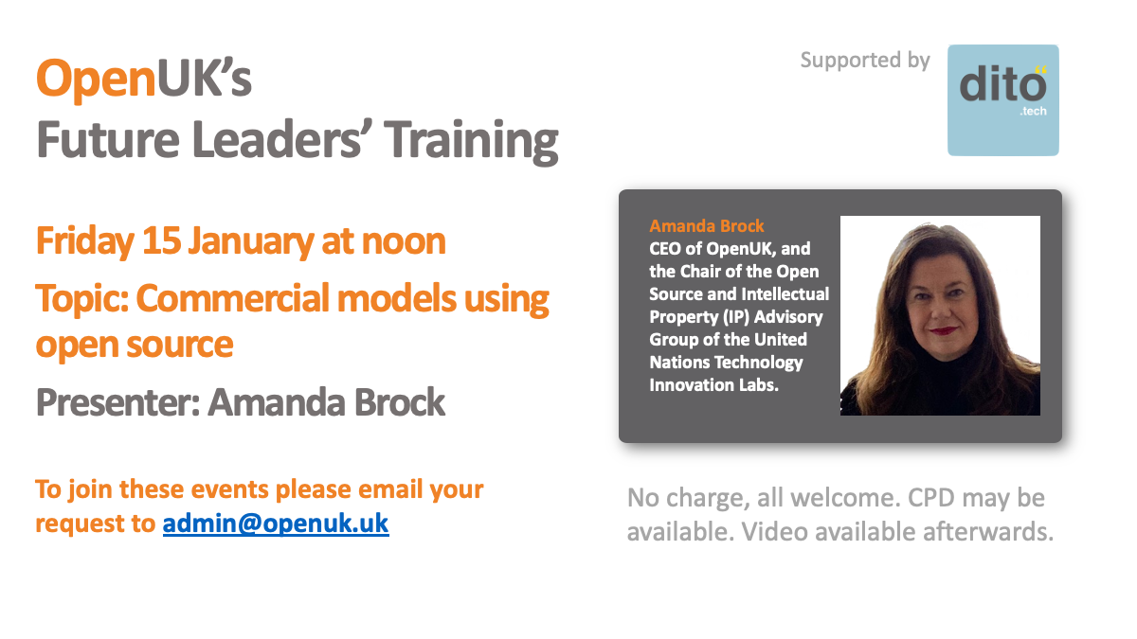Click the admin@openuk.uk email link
click(x=276, y=524)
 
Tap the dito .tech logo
click(x=1003, y=100)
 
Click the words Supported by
click(x=865, y=61)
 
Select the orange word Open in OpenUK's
click(x=96, y=78)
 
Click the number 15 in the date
click(x=161, y=240)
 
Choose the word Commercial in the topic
click(x=232, y=298)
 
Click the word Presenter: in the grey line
click(x=117, y=402)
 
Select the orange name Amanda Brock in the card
click(x=707, y=225)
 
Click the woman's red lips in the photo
click(x=943, y=331)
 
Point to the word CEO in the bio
click(x=665, y=248)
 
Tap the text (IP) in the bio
click(x=736, y=317)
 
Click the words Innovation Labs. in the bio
click(x=713, y=385)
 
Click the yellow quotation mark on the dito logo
click(x=1040, y=69)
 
